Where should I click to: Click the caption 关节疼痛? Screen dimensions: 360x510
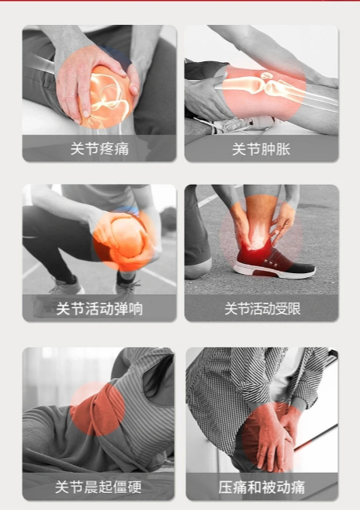point(99,149)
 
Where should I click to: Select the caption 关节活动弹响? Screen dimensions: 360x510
point(99,309)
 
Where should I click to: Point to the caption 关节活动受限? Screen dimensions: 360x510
point(262,309)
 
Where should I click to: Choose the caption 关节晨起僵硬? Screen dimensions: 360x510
point(99,487)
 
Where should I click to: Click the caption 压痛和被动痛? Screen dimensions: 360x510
point(261,487)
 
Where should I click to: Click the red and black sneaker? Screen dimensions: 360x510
point(273,262)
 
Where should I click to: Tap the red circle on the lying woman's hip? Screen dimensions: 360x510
point(98,408)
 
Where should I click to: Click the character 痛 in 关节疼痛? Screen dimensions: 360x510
point(122,149)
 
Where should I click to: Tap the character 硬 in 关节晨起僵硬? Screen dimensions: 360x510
point(135,487)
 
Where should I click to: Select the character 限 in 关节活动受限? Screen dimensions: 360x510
point(294,309)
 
